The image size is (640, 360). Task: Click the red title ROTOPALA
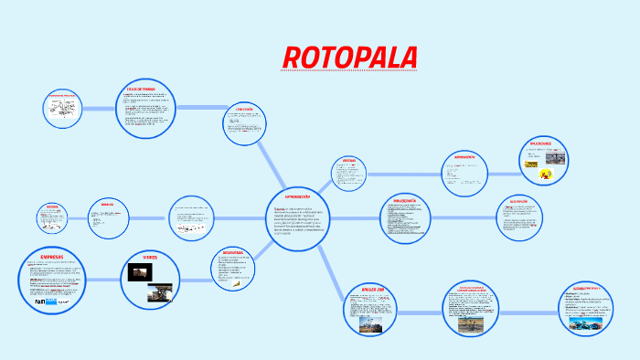click(x=350, y=57)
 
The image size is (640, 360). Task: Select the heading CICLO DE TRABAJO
click(x=142, y=89)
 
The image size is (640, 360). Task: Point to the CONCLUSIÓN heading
click(x=243, y=109)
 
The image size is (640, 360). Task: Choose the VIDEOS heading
click(x=151, y=258)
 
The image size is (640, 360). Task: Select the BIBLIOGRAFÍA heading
click(x=404, y=200)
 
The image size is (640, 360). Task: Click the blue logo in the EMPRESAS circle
click(x=41, y=301)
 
